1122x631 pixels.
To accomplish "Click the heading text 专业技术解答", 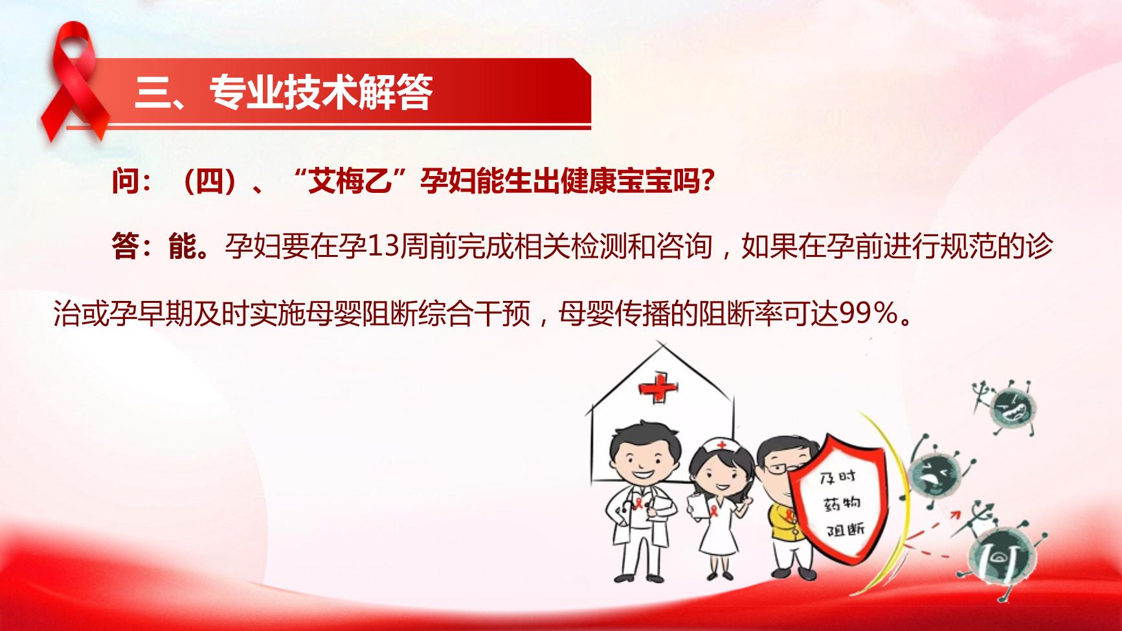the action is (321, 93).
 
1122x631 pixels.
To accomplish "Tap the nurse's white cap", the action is (719, 446).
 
